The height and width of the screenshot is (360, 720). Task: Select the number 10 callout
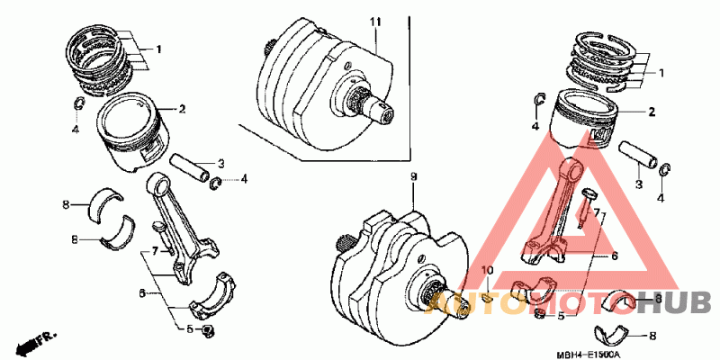[x=487, y=271]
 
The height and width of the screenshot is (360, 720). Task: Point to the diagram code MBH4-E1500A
[x=589, y=354]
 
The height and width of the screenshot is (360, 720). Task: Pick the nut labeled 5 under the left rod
[x=208, y=332]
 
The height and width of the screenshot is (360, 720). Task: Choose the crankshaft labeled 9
[x=396, y=265]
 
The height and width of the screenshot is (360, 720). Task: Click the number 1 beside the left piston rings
[x=159, y=48]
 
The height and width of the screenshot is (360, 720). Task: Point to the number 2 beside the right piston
[x=652, y=113]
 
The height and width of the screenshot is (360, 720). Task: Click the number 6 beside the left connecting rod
[x=142, y=293]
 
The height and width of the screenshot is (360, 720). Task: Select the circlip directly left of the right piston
[x=537, y=102]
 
